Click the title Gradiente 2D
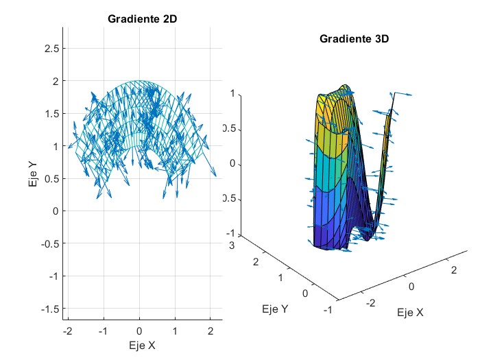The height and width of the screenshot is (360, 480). [x=142, y=19]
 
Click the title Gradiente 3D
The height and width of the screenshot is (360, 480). [x=355, y=39]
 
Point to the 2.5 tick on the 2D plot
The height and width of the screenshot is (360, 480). [x=50, y=48]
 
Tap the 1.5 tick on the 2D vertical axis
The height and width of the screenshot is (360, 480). [x=50, y=113]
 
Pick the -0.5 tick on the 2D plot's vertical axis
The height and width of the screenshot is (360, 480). [x=47, y=243]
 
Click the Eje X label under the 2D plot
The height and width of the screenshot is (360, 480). [x=142, y=345]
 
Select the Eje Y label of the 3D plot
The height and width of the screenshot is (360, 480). [x=274, y=309]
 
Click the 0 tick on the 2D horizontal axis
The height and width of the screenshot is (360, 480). [x=140, y=331]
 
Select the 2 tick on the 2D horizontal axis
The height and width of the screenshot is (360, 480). [x=211, y=331]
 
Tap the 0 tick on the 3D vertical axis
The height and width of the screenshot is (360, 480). [x=232, y=164]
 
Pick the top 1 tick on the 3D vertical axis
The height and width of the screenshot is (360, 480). [x=232, y=93]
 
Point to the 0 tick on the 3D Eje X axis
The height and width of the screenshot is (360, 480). [x=411, y=285]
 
